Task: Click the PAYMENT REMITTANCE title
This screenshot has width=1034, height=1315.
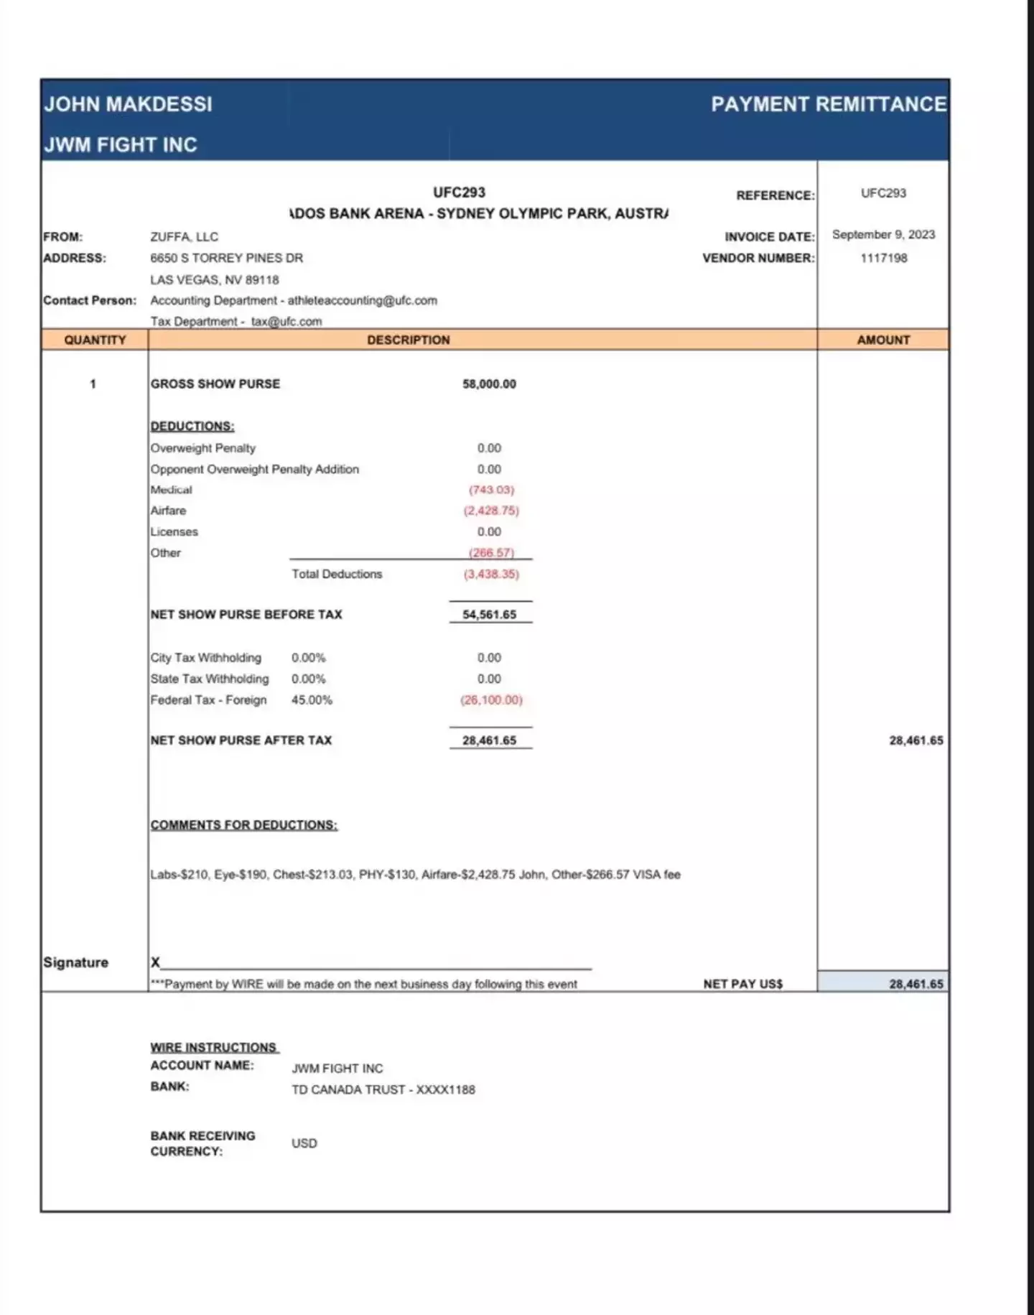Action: [829, 104]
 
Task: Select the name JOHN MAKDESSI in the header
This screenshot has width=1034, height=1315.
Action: [129, 104]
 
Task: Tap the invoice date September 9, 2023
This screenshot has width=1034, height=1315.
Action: [883, 235]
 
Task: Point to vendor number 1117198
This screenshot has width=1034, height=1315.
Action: [883, 258]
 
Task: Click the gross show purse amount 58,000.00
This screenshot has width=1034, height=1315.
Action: [489, 384]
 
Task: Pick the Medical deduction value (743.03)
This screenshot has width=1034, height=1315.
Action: [491, 490]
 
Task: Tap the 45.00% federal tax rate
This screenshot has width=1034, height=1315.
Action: [312, 700]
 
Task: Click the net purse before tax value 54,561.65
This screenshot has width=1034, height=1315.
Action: [489, 615]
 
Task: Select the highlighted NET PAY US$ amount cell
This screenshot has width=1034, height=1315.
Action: [882, 984]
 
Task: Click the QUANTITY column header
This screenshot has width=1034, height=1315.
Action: [95, 340]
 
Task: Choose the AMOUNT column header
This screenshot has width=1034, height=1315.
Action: [883, 340]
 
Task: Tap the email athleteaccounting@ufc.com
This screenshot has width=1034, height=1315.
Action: [362, 301]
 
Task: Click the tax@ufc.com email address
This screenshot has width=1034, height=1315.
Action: [287, 322]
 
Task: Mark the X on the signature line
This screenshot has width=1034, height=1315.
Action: [155, 962]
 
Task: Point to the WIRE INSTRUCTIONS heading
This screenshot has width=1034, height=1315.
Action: [213, 1047]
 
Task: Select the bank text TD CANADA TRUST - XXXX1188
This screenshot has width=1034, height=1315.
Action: [383, 1089]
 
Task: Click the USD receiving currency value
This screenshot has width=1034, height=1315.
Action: [304, 1143]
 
